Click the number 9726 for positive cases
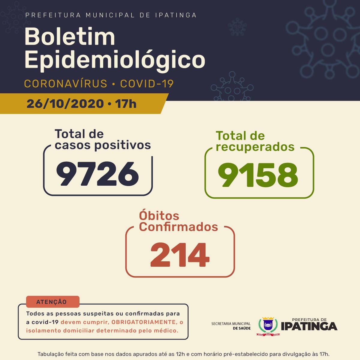(x=98, y=173)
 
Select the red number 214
(x=179, y=256)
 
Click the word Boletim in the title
(x=70, y=37)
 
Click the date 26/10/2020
(x=65, y=104)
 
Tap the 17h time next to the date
(x=126, y=104)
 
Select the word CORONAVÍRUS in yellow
(x=65, y=84)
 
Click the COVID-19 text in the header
(x=147, y=84)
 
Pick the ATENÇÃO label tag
(x=53, y=302)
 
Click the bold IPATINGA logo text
(x=309, y=326)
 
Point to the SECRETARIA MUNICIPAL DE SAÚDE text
(x=231, y=326)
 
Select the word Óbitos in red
(x=159, y=216)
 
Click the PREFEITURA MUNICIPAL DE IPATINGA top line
(x=111, y=15)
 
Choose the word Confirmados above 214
(x=178, y=227)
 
